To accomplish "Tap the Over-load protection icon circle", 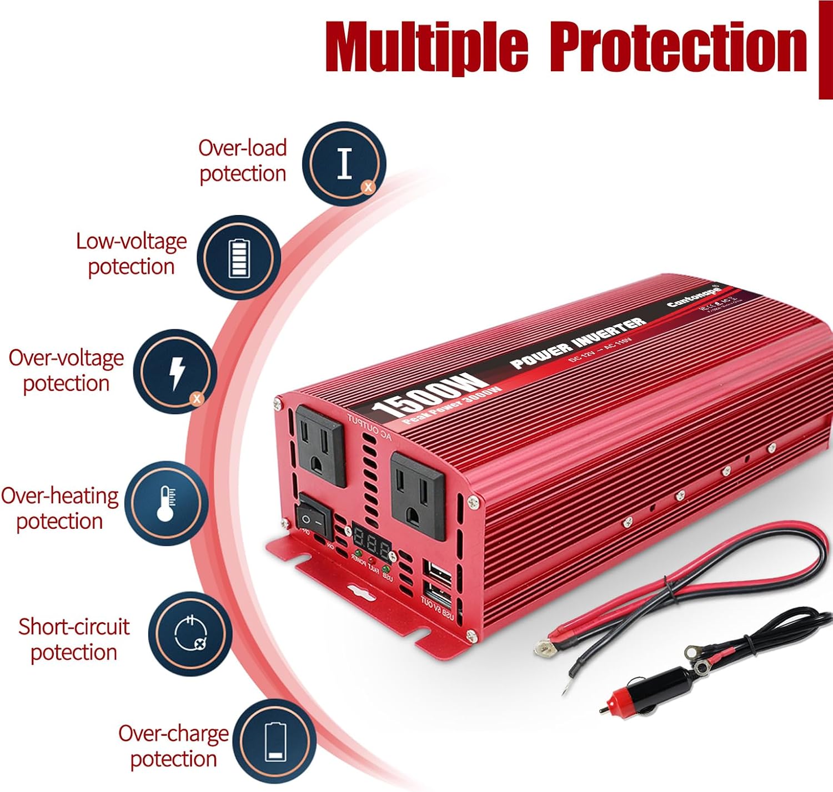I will coord(344,164).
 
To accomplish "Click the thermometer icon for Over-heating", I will coord(166,503).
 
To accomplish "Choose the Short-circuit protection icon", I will coord(190,634).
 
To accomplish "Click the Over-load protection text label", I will coord(243,161).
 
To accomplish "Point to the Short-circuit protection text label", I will coord(74,639).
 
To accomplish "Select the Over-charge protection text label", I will coord(173,746).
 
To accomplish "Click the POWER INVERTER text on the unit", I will coord(578,343).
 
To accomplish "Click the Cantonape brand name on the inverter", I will coord(694,296).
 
